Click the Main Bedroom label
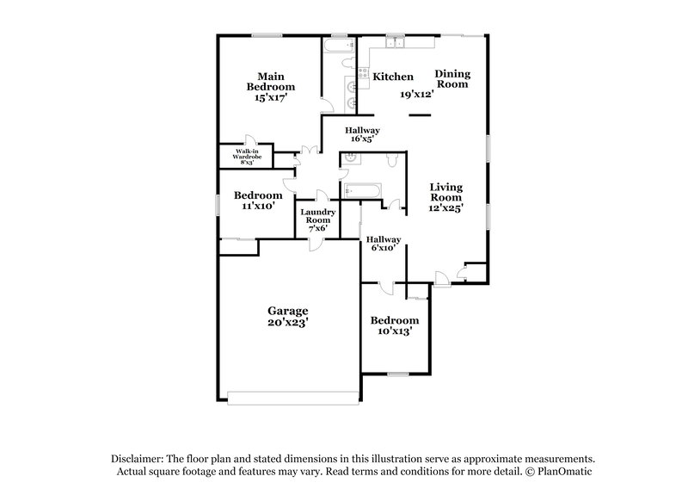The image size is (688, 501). [x=271, y=81]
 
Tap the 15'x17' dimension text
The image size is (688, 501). [x=271, y=99]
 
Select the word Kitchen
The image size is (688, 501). [x=393, y=77]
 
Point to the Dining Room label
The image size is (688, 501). [x=451, y=78]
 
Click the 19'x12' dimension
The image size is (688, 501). [x=416, y=94]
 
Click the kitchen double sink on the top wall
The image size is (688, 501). [x=396, y=43]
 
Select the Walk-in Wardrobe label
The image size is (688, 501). [x=247, y=156]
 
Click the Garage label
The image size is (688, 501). [x=287, y=311]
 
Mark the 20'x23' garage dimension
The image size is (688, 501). [x=287, y=324]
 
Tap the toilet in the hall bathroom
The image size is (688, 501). [x=391, y=159]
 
